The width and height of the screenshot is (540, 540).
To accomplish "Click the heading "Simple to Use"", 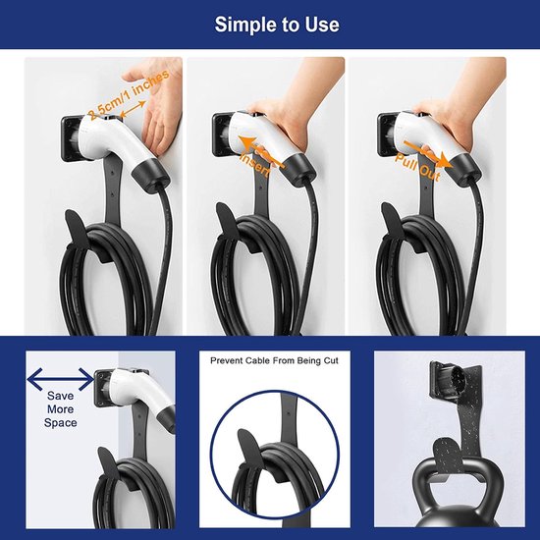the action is (277, 25).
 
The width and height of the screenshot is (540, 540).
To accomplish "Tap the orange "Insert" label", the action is (255, 164).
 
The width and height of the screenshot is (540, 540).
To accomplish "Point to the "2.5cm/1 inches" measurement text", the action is (129, 93).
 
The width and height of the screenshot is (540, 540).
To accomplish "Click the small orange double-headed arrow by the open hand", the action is (133, 109).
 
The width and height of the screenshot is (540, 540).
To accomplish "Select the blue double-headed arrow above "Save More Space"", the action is (61, 379).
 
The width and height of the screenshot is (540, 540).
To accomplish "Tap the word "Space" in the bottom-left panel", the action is (60, 422).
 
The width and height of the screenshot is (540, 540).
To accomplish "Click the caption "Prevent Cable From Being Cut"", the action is (274, 360).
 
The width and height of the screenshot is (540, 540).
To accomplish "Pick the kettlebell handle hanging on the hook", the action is (458, 480).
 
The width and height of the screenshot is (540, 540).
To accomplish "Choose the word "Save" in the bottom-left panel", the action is (60, 396).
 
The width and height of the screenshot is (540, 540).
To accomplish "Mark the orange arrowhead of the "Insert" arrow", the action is (247, 142).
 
